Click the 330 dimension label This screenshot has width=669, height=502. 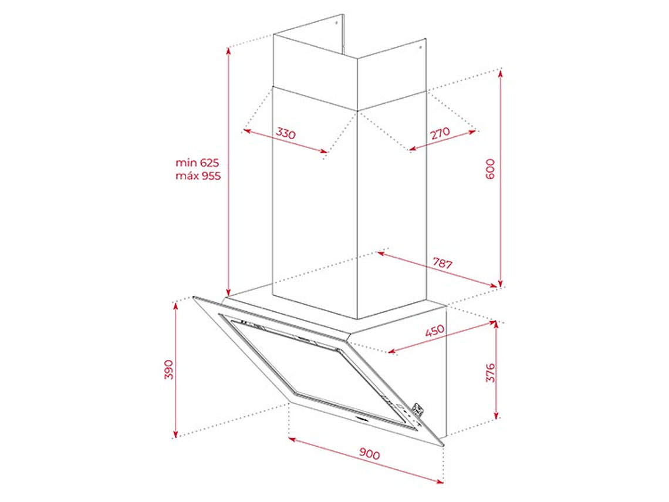[285, 134]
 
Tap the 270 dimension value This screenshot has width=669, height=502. [440, 133]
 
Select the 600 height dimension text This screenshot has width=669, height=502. [491, 169]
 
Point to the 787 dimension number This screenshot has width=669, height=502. [442, 263]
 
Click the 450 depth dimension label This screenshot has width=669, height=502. [434, 331]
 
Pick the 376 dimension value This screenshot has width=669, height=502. [491, 373]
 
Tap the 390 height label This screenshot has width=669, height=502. [169, 370]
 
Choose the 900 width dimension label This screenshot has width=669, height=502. [370, 454]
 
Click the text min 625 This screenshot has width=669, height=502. [197, 163]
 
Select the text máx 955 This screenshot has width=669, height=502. [198, 176]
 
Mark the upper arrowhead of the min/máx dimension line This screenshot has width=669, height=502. [229, 51]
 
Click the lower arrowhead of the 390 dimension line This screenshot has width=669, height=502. [175, 433]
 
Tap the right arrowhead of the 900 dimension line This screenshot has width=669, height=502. [440, 481]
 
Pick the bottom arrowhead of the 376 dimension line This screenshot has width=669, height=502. [496, 415]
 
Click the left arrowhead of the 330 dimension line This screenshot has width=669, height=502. [247, 132]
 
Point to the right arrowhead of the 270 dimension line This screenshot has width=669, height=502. [472, 132]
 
